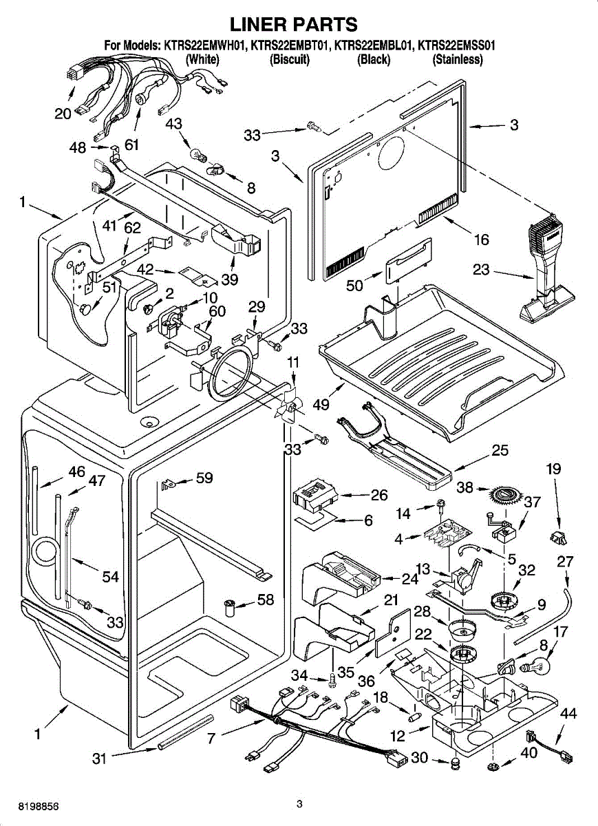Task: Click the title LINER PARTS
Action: click(x=293, y=25)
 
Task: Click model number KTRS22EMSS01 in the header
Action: click(x=458, y=46)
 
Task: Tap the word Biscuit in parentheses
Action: click(x=290, y=60)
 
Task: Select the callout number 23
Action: click(x=481, y=269)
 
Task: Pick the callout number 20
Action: click(x=63, y=114)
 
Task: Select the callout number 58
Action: click(x=266, y=600)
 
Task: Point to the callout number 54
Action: click(x=111, y=577)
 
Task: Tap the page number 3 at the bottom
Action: click(x=299, y=804)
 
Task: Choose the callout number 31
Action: click(x=100, y=759)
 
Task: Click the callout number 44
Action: click(x=568, y=713)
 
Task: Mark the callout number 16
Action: click(x=481, y=239)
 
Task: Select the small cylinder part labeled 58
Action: click(x=231, y=606)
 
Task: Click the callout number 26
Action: click(x=378, y=495)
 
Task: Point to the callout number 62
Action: click(x=132, y=227)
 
